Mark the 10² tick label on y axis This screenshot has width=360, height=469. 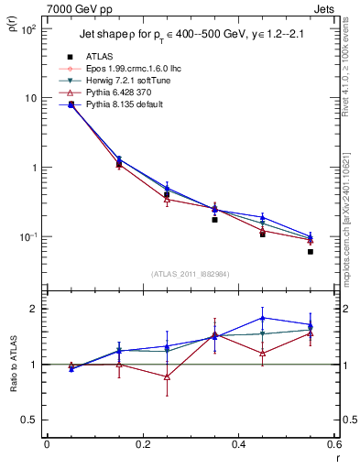28,29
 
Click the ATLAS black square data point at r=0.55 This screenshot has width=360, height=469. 311,251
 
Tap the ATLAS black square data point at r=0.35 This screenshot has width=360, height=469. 214,220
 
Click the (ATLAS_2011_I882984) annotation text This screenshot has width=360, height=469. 190,274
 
